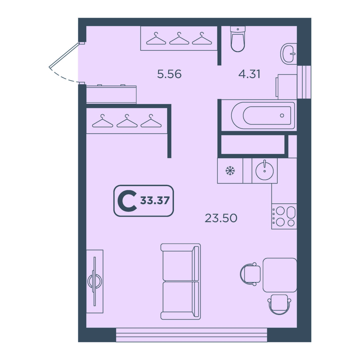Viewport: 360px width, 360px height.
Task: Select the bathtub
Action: [x=263, y=115]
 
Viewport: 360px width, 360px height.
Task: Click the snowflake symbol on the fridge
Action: [x=230, y=171]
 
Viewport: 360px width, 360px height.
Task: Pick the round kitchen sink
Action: [x=264, y=170]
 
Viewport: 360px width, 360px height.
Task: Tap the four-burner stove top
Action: [x=284, y=216]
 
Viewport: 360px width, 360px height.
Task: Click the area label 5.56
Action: [x=169, y=74]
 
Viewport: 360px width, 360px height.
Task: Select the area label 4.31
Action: [x=249, y=74]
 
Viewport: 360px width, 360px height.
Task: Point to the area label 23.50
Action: [x=221, y=218]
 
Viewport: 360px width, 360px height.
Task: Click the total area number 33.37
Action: [x=155, y=201]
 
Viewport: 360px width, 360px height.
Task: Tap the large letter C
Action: [x=127, y=201]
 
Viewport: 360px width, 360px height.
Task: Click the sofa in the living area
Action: [x=180, y=281]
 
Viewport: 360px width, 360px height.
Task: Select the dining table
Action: [x=280, y=275]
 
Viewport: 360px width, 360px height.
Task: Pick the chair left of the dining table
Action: [x=250, y=274]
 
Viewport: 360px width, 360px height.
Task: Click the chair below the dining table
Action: [x=279, y=304]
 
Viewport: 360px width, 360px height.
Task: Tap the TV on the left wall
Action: [x=95, y=281]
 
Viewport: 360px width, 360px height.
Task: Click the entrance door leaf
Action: [x=64, y=55]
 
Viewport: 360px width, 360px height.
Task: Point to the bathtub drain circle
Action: [x=282, y=115]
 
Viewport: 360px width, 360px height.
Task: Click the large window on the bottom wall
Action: [x=191, y=335]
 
